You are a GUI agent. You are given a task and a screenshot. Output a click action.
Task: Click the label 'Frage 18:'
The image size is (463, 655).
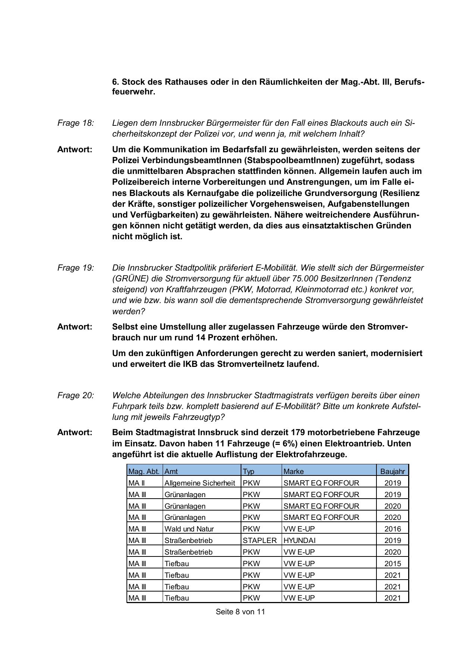76,123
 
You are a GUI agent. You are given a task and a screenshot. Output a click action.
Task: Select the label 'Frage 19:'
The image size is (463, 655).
76,268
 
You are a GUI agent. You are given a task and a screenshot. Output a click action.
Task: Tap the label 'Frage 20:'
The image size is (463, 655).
76,396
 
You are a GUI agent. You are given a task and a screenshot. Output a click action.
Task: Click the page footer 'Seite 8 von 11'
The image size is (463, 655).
240,612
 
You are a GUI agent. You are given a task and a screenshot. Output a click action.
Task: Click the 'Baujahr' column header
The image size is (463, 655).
392,471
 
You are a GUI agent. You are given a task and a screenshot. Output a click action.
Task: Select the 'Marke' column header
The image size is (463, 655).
294,471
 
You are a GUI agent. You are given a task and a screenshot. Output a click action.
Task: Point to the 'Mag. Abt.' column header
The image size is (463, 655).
144,471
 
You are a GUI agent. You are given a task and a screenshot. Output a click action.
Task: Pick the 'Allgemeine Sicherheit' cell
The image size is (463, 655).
200,483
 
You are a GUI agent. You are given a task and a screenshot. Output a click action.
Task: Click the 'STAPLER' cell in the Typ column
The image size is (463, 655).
260,540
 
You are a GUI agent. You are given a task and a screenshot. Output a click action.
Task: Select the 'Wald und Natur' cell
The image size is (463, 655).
189,529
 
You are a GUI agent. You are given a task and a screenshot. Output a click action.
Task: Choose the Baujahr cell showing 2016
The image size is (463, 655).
392,529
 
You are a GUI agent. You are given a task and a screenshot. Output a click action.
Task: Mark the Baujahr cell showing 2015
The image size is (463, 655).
392,564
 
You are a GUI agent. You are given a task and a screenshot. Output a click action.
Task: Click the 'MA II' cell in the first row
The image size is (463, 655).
137,483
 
